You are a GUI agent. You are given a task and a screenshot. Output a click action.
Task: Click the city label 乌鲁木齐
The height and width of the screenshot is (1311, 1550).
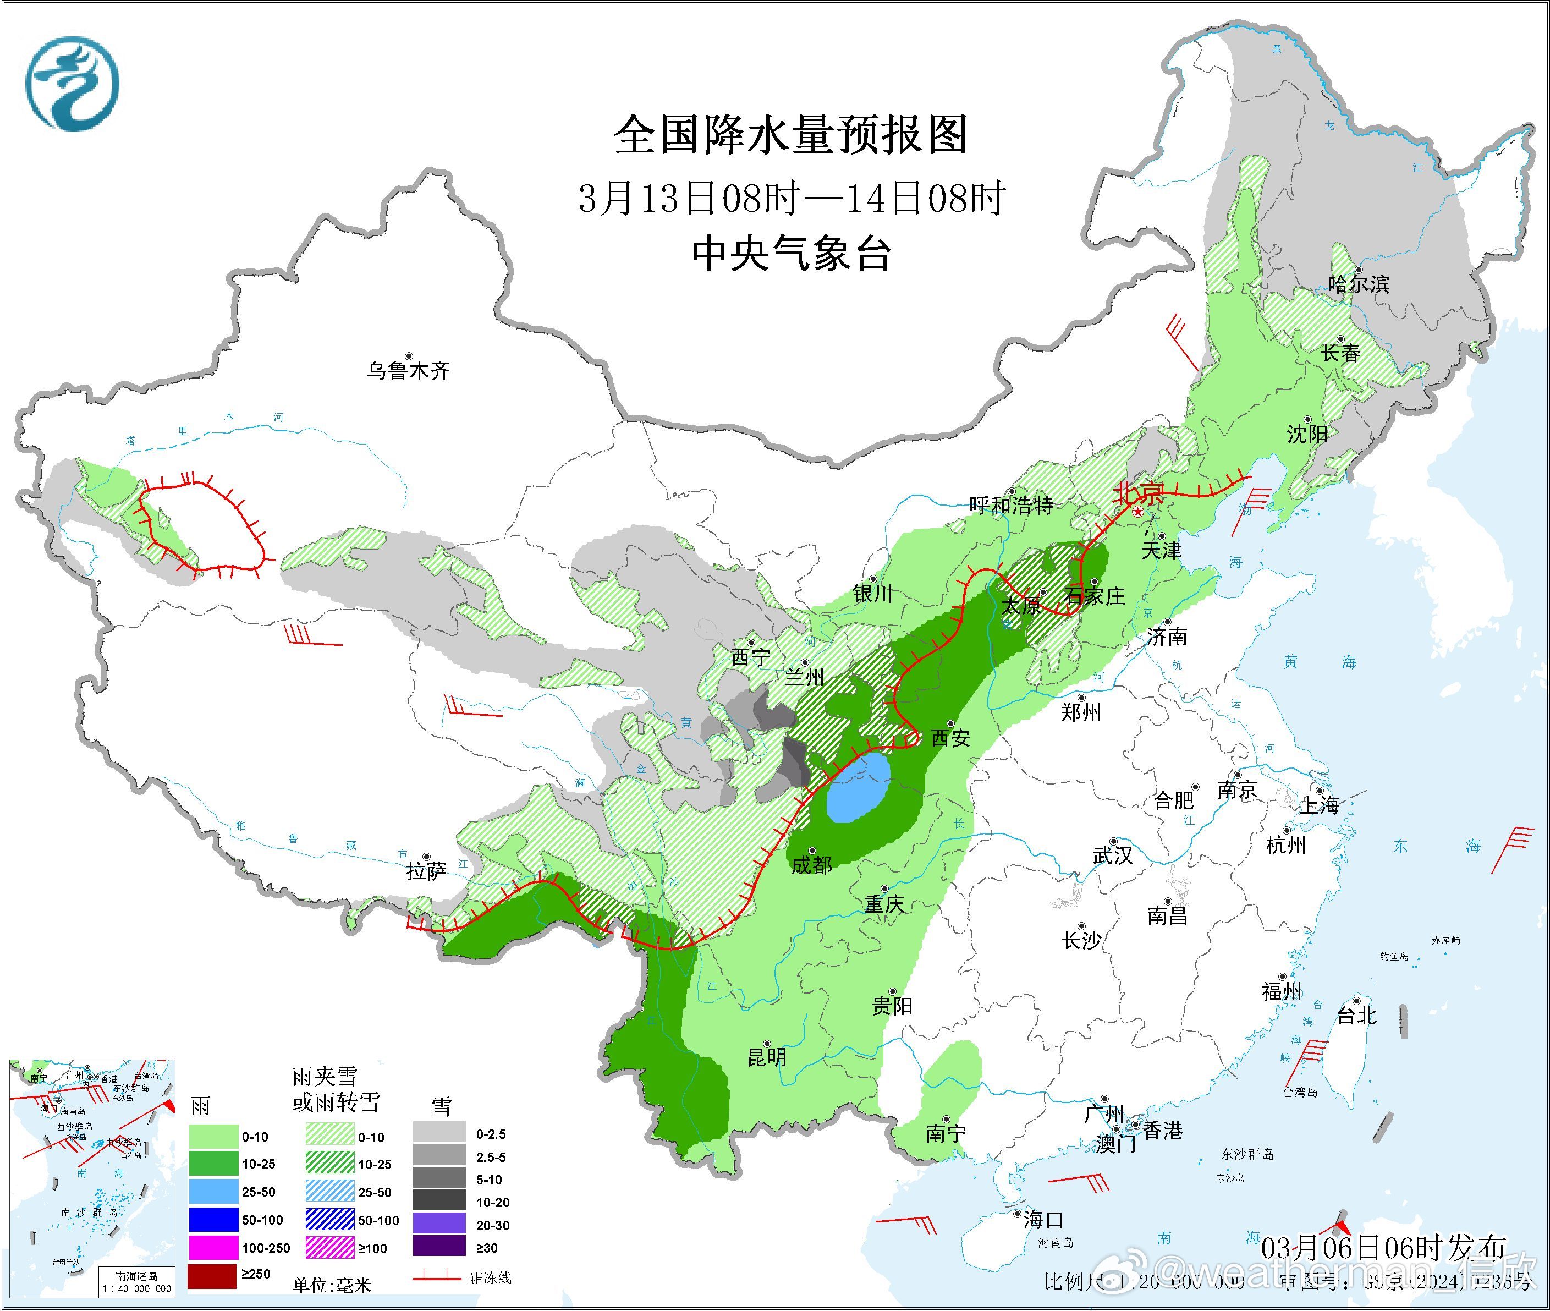click(x=408, y=370)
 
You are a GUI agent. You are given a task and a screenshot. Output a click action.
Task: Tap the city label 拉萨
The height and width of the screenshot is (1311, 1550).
click(x=426, y=870)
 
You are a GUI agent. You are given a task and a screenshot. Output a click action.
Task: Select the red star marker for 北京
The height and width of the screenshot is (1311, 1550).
click(x=1137, y=513)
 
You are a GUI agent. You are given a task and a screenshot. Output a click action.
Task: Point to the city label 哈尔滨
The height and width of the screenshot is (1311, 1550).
click(x=1358, y=283)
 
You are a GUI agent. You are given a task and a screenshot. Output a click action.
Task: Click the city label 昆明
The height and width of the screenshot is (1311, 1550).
click(x=766, y=1057)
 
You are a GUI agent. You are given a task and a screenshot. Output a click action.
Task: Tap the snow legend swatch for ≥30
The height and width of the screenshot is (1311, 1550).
click(x=439, y=1248)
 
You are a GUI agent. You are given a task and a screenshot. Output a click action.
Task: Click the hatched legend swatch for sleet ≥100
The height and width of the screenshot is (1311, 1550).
click(x=330, y=1248)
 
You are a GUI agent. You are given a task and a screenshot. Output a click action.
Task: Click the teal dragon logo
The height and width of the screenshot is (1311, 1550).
click(x=72, y=83)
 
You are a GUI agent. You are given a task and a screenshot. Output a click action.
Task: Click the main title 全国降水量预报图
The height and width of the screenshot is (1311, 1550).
click(x=790, y=135)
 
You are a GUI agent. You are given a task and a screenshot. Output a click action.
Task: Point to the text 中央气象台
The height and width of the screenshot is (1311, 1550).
click(x=790, y=254)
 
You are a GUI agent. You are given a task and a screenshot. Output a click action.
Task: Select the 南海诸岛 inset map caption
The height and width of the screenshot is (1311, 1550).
click(x=137, y=1276)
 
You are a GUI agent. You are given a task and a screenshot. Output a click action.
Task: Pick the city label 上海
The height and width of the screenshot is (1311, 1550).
click(x=1319, y=804)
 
